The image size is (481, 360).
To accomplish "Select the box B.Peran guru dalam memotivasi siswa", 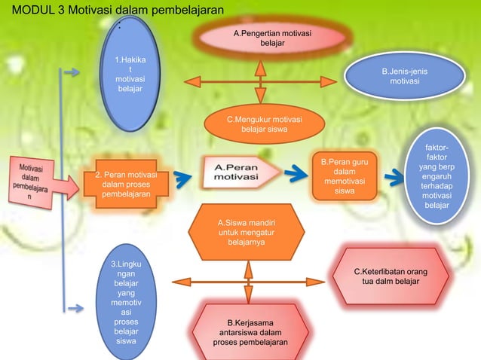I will (x=344, y=178).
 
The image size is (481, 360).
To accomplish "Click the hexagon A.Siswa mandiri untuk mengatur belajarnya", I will (x=246, y=233).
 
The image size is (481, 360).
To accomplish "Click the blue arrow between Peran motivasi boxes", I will (x=182, y=178).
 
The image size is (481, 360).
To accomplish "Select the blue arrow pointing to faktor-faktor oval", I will (x=394, y=178).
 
